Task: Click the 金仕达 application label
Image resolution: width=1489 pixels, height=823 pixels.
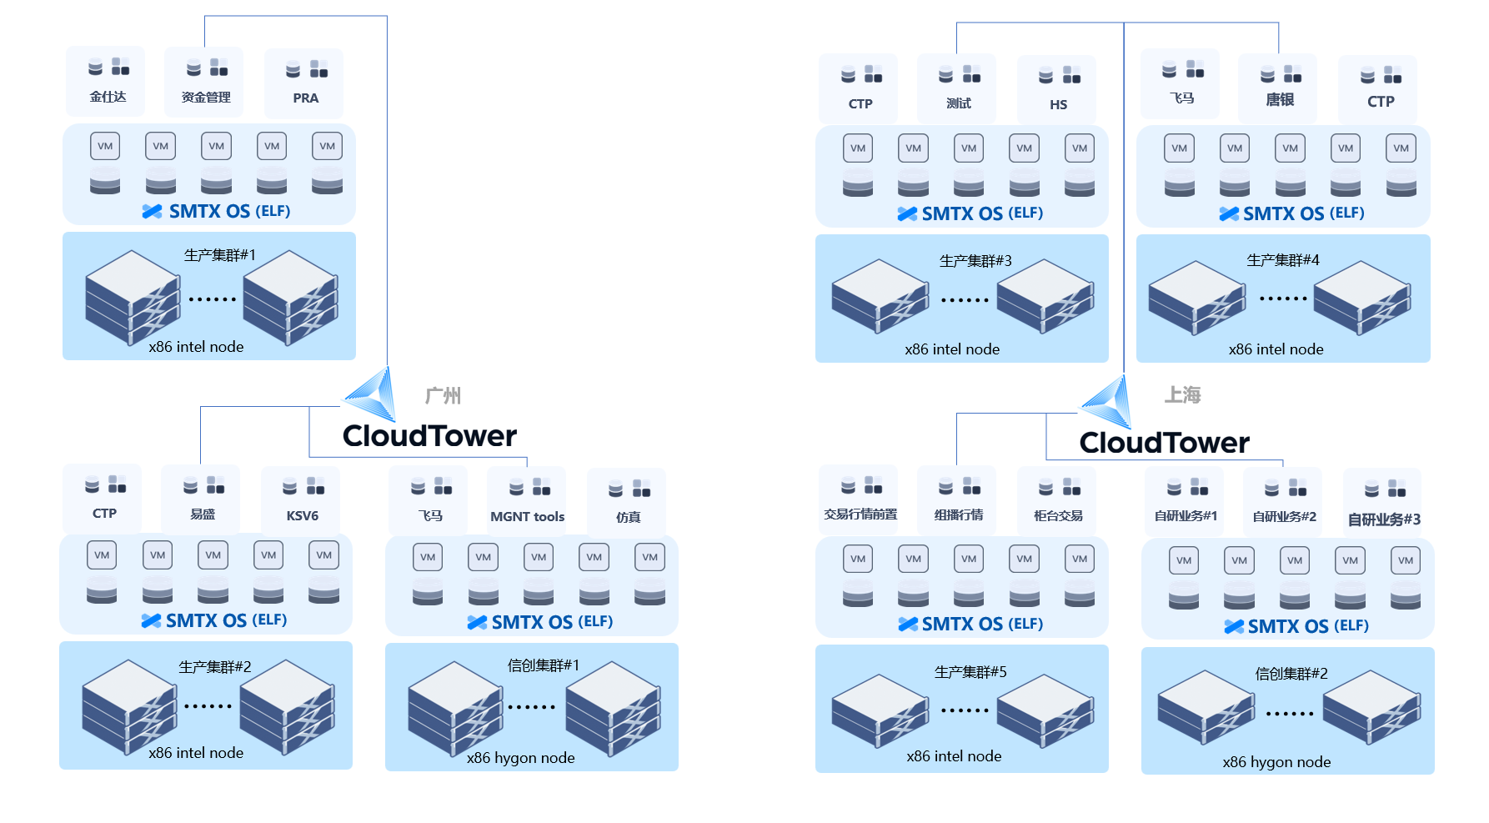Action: click(108, 97)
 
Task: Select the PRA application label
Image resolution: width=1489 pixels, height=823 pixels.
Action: click(305, 98)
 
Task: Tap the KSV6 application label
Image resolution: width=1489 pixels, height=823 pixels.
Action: click(302, 516)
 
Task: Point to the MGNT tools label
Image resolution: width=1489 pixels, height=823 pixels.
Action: click(527, 517)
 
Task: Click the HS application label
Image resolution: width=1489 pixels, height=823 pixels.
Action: click(1058, 105)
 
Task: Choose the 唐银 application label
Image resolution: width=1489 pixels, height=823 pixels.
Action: click(1279, 100)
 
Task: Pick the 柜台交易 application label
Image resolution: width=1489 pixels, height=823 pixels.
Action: click(1058, 516)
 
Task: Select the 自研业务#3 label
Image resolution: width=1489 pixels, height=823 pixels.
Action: click(1384, 519)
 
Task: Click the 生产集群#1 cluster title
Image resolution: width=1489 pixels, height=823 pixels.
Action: click(219, 255)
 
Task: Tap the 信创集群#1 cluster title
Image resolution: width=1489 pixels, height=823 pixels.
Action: click(543, 665)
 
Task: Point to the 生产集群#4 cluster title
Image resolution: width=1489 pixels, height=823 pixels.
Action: click(1282, 260)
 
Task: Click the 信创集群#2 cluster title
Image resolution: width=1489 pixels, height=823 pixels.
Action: click(1291, 674)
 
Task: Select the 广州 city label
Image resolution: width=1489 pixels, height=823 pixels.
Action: click(443, 396)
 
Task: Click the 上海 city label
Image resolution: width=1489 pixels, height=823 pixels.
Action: click(1182, 395)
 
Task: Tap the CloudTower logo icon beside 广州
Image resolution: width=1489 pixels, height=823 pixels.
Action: click(370, 394)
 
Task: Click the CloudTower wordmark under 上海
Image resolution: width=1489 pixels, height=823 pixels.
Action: click(1164, 443)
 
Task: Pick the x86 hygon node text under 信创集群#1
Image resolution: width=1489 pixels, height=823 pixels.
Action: click(520, 758)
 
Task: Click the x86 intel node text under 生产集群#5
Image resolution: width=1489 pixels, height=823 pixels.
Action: click(954, 756)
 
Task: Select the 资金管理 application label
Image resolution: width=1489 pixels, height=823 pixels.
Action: click(206, 98)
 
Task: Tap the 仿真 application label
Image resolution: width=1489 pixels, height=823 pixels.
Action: click(628, 518)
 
